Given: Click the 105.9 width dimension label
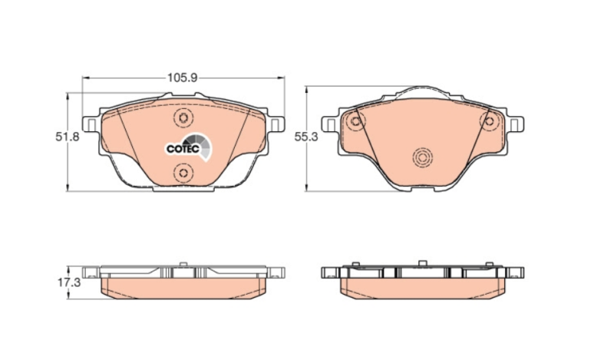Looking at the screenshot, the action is tap(182, 78).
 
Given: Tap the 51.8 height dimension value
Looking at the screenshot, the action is tap(67, 137).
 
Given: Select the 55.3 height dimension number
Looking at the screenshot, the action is tap(306, 137).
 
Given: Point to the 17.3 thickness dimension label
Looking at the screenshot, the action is tap(69, 282).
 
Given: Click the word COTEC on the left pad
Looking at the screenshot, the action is tap(183, 149).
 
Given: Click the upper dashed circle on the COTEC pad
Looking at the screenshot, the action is tap(183, 118).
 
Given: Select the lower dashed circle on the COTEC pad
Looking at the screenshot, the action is tap(183, 173).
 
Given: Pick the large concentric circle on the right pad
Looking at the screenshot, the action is tap(423, 158).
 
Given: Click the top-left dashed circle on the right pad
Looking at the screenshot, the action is tap(355, 121).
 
